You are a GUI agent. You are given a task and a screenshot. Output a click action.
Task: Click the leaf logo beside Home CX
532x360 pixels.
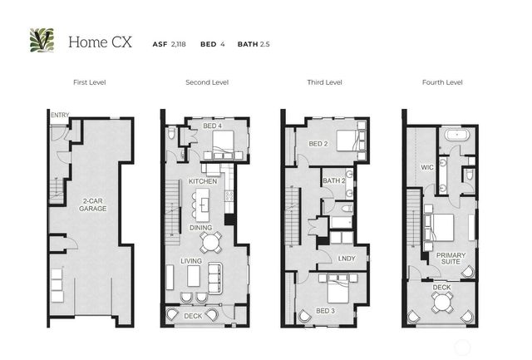point(42,40)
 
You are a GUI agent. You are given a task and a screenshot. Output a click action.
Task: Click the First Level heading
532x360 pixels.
point(89,83)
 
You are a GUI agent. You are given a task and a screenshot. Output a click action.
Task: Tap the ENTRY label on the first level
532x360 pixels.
point(60,116)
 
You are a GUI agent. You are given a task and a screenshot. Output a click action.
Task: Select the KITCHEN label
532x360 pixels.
point(203,181)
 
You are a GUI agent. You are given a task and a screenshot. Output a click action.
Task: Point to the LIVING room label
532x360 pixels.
point(192,261)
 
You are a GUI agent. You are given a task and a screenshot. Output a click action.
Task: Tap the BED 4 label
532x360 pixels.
point(211,126)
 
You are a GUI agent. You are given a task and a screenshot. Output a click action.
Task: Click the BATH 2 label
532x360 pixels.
point(333,181)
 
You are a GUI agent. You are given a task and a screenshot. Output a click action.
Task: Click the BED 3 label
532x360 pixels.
point(325,310)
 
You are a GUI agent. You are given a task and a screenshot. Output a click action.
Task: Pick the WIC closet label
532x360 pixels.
point(427,167)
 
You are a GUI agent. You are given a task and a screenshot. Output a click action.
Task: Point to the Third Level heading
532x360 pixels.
point(324,83)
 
